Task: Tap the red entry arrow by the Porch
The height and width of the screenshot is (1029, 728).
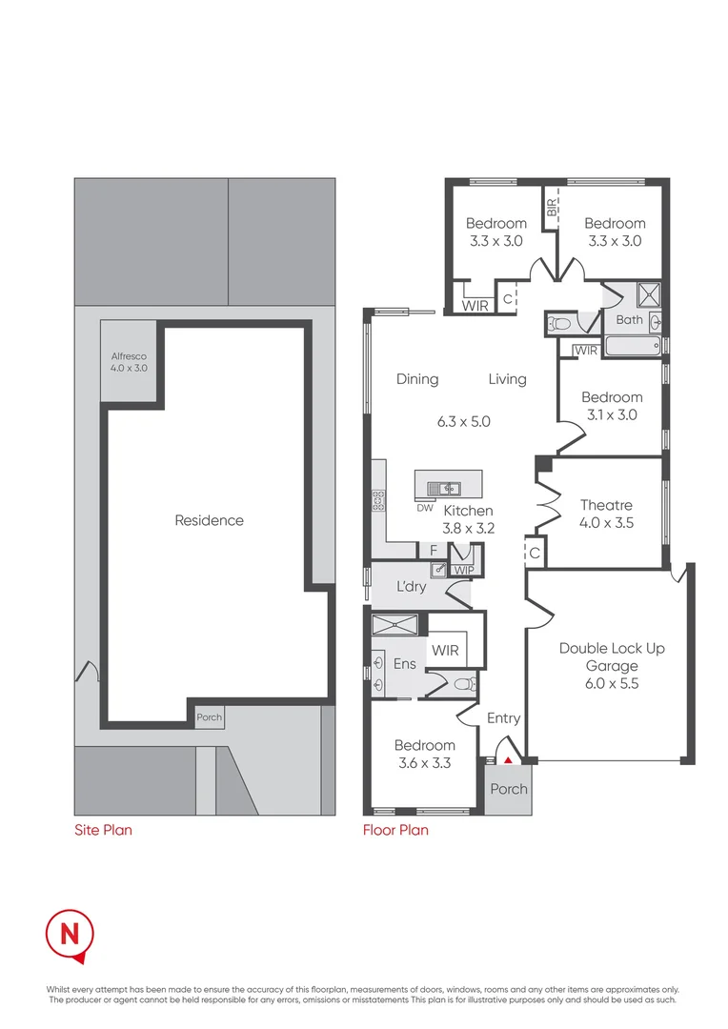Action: click(509, 760)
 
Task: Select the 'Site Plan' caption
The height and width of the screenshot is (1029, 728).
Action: click(103, 830)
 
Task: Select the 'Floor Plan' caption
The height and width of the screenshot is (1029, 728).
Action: click(395, 830)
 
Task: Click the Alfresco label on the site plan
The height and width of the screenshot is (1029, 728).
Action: click(129, 361)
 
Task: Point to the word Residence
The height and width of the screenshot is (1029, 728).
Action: click(209, 520)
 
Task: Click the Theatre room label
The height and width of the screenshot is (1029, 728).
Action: click(606, 505)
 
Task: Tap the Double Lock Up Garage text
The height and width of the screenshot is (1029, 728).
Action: click(612, 657)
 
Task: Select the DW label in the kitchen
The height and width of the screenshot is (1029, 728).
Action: click(425, 508)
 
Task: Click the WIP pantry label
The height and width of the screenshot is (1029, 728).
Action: click(464, 570)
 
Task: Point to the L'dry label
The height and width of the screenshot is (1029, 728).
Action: click(412, 587)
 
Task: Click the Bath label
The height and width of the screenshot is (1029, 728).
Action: click(629, 320)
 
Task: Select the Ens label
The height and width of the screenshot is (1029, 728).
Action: click(405, 663)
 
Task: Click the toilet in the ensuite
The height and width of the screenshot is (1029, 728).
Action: click(462, 683)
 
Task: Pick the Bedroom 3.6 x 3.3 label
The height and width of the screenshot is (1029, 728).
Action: click(424, 754)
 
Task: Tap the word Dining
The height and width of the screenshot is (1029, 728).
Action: click(417, 379)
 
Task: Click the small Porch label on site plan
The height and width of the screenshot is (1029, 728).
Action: click(209, 717)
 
